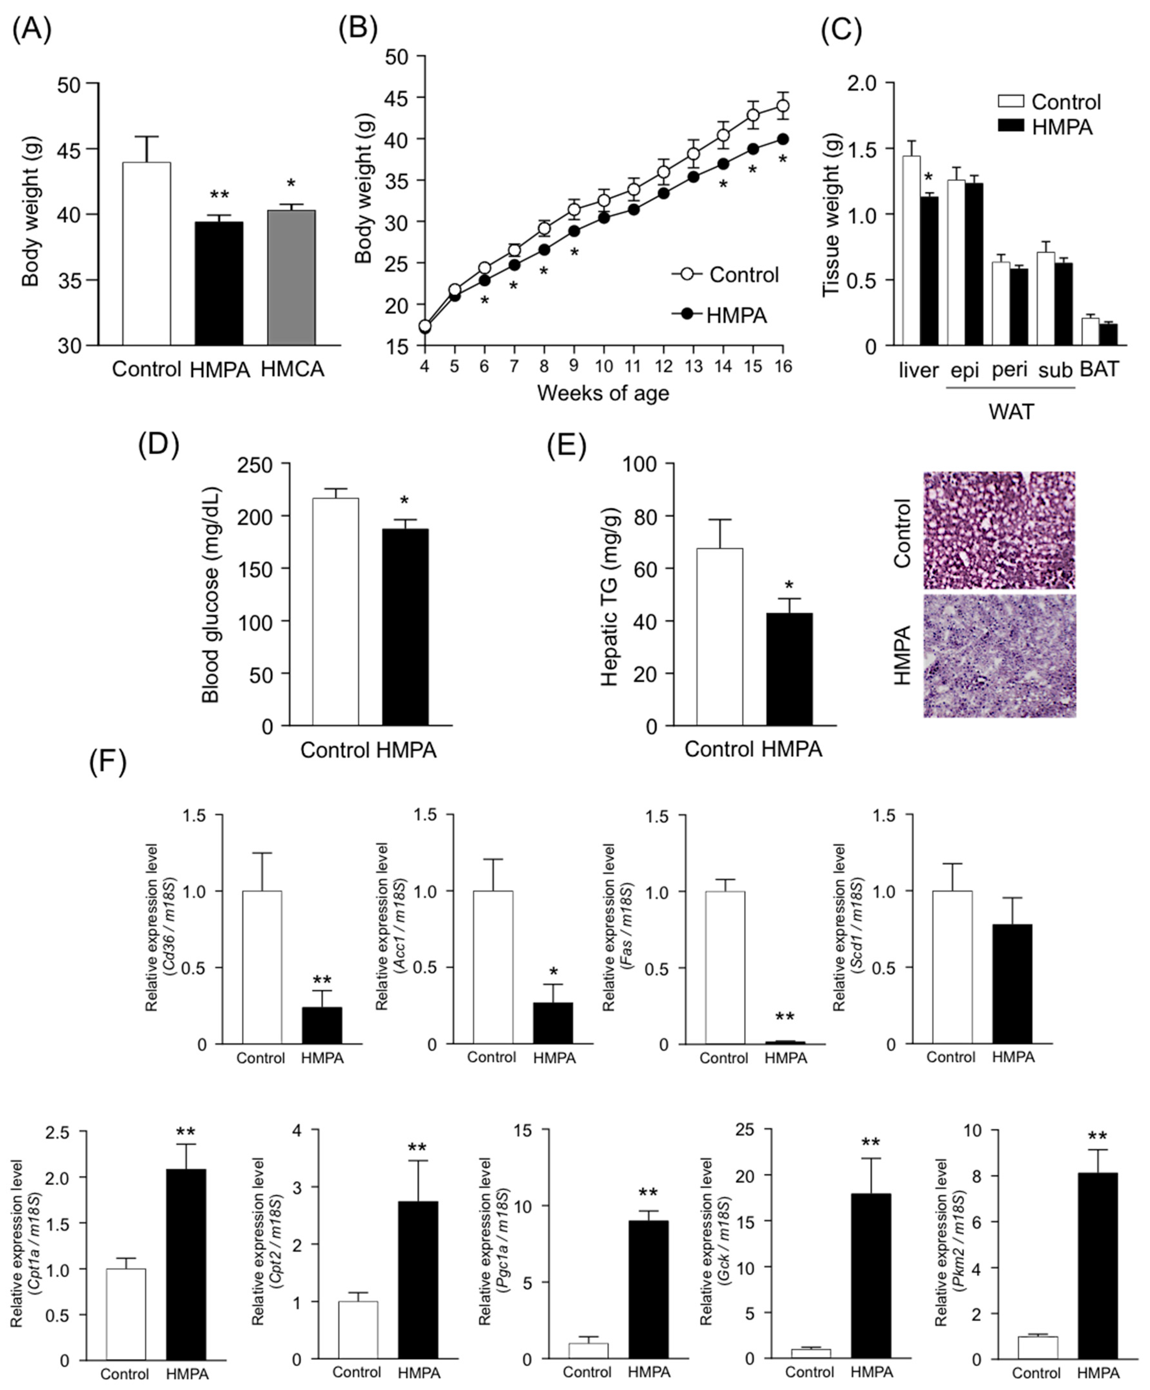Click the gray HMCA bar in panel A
pos(291,278)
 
